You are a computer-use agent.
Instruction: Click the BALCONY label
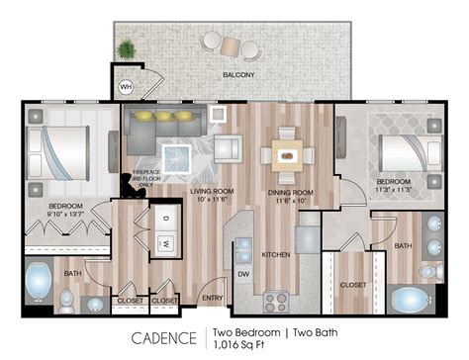coord(238,75)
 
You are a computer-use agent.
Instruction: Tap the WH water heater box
coord(126,86)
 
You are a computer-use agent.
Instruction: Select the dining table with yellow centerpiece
coord(287,153)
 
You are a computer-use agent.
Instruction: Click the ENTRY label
coord(211,297)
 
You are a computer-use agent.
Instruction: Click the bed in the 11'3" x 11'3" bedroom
coord(403,153)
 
